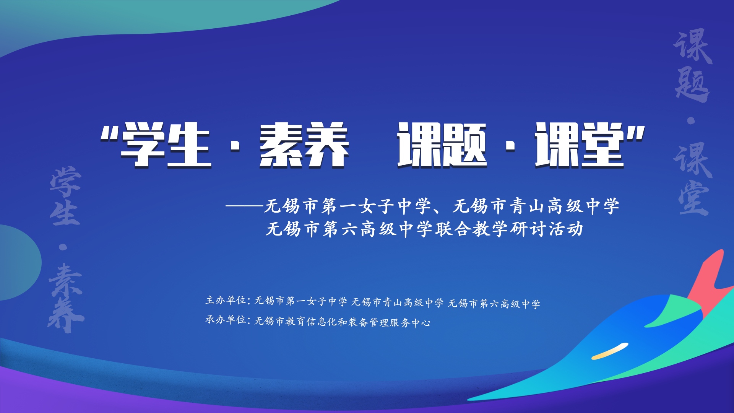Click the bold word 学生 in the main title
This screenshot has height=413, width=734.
[x=166, y=145]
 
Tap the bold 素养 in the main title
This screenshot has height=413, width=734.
[x=304, y=145]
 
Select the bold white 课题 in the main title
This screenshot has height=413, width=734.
[x=442, y=145]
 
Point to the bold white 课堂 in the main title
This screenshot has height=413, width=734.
[x=580, y=145]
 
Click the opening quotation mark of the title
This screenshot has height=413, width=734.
[x=109, y=133]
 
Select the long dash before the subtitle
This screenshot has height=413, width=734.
[x=245, y=206]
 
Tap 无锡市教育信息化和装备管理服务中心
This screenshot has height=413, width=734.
[x=343, y=322]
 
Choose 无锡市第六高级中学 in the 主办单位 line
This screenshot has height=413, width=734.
[x=494, y=304]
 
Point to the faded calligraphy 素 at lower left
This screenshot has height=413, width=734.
[x=65, y=281]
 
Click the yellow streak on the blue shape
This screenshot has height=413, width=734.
[x=610, y=351]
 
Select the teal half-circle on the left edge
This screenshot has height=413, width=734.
[x=19, y=262]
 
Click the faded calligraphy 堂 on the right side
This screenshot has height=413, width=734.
[x=693, y=199]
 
